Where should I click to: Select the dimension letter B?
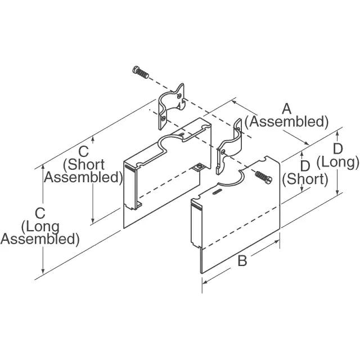click(242, 260)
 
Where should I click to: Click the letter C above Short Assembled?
click(84, 151)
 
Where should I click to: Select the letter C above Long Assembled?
click(39, 213)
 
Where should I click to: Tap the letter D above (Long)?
click(337, 148)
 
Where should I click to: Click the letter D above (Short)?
click(305, 166)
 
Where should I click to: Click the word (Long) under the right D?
click(337, 163)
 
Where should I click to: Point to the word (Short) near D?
click(305, 179)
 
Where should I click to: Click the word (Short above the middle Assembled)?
click(84, 164)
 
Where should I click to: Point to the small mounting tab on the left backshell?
click(198, 167)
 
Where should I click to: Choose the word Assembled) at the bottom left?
click(39, 239)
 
